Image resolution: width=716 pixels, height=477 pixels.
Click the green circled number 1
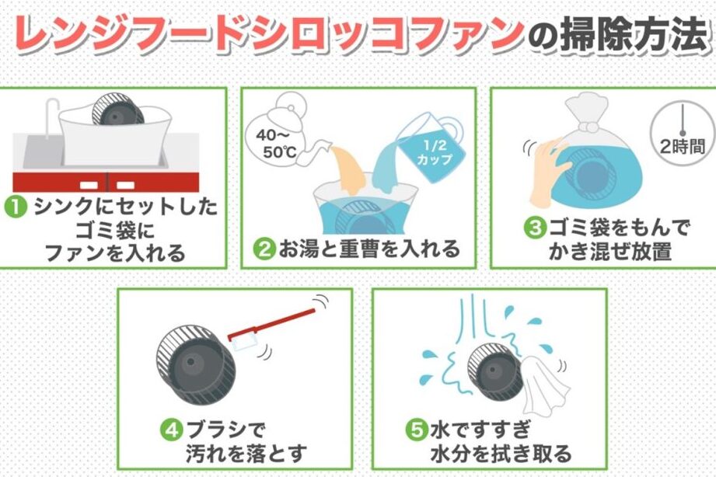click(16, 207)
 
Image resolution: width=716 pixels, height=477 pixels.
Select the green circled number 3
click(535, 228)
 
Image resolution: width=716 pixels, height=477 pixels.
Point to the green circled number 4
click(172, 430)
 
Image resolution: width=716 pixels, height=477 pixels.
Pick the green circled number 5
click(417, 430)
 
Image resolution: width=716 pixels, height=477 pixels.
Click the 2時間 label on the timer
click(683, 147)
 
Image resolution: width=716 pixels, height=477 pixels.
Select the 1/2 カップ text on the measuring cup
click(435, 153)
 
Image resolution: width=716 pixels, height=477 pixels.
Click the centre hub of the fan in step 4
click(190, 363)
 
